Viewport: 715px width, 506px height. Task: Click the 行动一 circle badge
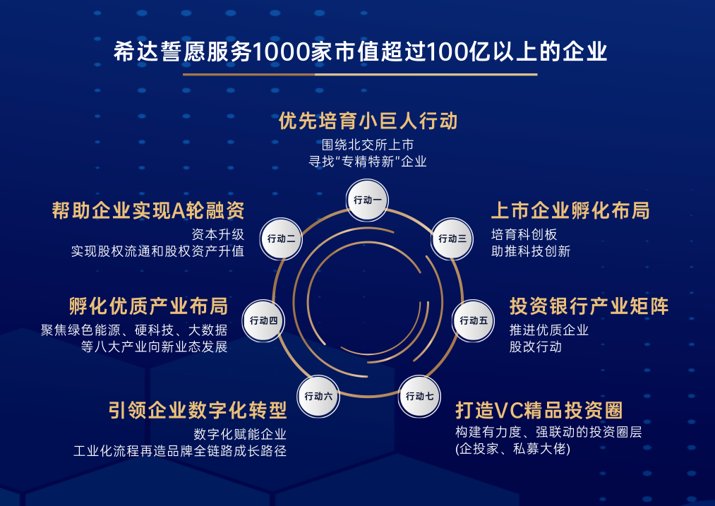point(367,200)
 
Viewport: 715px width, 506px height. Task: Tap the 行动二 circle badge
point(281,239)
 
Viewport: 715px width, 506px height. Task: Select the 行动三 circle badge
point(452,239)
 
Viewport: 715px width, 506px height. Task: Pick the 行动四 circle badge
point(263,321)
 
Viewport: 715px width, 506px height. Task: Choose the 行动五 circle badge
point(474,321)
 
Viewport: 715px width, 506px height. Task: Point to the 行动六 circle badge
point(318,396)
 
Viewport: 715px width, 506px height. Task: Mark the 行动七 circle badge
point(419,396)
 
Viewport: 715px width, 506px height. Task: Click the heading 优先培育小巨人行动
point(368,121)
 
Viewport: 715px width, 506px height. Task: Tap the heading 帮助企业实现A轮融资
point(148,210)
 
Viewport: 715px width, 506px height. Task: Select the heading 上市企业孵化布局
point(570,210)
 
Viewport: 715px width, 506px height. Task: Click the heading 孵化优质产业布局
point(148,306)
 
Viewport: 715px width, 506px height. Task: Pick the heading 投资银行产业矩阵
point(589,306)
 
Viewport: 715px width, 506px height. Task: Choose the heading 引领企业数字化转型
point(198,410)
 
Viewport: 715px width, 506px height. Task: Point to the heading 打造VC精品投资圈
point(539,410)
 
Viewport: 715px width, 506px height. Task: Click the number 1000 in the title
point(282,52)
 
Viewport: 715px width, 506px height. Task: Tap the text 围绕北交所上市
point(368,145)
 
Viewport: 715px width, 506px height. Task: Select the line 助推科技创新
point(531,251)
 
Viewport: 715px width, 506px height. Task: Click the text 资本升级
point(218,234)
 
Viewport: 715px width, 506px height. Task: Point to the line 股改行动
point(536,347)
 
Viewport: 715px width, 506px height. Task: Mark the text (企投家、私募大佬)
point(512,449)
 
